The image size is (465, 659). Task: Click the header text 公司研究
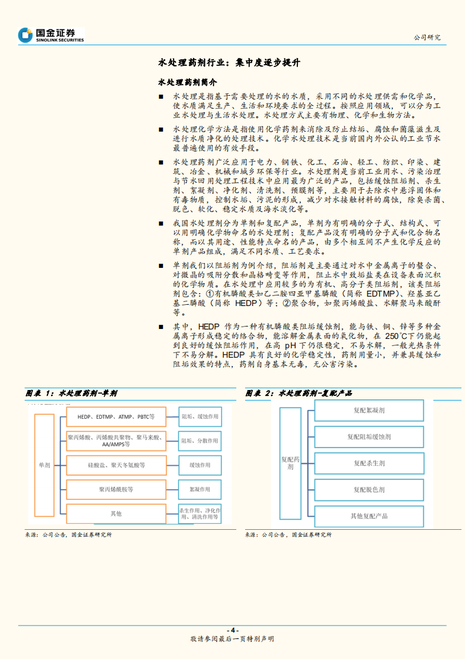427,37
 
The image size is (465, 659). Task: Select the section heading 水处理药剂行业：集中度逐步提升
230,62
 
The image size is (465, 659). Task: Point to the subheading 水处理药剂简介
187,82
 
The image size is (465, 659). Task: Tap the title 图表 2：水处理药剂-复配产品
298,394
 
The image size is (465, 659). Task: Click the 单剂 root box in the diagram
45,465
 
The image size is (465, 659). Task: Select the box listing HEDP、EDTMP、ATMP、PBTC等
116,416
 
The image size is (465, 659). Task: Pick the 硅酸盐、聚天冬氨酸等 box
116,465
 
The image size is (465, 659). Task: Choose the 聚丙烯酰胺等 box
116,489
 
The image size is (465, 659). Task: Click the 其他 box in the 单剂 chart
116,513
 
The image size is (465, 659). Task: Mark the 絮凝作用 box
199,489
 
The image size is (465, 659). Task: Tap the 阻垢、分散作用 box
199,441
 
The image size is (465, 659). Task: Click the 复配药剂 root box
290,464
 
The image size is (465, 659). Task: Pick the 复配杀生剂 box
369,463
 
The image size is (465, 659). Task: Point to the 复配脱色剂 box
369,489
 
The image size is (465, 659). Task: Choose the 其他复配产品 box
369,516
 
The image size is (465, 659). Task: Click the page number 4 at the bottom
232,630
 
